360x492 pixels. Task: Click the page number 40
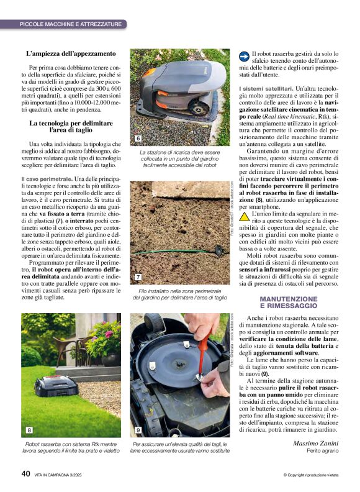coord(25,473)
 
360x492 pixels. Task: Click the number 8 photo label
coord(29,430)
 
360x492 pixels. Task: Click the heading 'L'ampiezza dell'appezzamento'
coord(71,54)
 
